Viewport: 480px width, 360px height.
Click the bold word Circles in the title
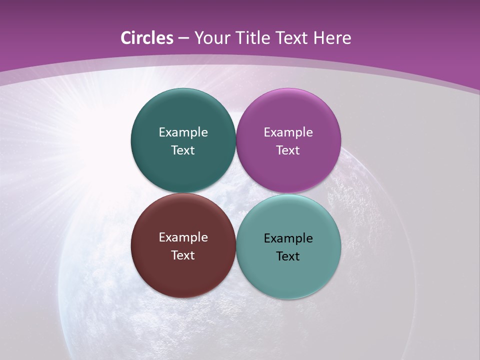pyautogui.click(x=147, y=38)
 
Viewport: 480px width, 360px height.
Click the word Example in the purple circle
pyautogui.click(x=288, y=132)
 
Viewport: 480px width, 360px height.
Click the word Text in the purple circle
pyautogui.click(x=288, y=150)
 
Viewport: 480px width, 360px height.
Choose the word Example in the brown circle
pyautogui.click(x=183, y=237)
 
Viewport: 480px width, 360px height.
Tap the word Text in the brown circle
pyautogui.click(x=183, y=255)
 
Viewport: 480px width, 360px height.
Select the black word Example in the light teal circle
pyautogui.click(x=288, y=238)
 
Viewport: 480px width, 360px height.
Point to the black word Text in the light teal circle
pyautogui.click(x=288, y=256)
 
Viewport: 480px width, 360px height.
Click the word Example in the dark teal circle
pyautogui.click(x=183, y=132)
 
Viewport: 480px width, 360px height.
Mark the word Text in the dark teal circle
pyautogui.click(x=183, y=150)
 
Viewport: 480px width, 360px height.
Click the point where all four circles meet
pyautogui.click(x=235, y=193)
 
